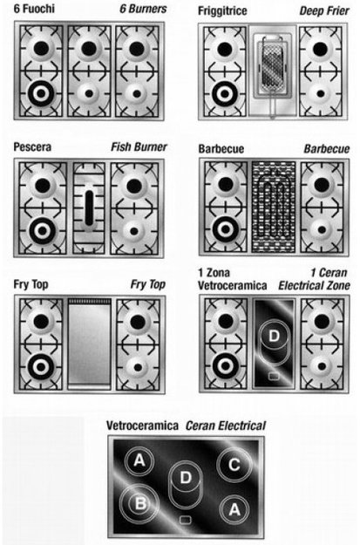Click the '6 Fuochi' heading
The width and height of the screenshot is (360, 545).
(x=34, y=9)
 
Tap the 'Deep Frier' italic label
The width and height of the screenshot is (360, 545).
(x=324, y=10)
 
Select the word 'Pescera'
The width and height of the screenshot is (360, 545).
(x=32, y=147)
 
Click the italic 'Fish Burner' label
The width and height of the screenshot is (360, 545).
(x=139, y=147)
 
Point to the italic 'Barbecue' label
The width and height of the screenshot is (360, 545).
(x=327, y=149)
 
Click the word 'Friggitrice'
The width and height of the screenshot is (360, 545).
(x=222, y=10)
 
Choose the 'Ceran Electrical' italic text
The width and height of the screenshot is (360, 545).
(x=226, y=426)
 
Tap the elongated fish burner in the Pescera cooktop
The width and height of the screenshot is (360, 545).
(x=89, y=208)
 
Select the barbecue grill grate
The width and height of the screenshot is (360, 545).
(x=274, y=207)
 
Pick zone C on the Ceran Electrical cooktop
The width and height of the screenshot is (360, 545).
(x=234, y=465)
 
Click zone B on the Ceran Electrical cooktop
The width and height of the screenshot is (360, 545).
(x=139, y=503)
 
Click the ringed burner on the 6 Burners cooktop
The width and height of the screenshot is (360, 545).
(x=41, y=93)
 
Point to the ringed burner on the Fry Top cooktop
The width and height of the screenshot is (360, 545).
(x=41, y=366)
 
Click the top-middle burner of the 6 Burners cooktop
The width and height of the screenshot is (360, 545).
(x=89, y=48)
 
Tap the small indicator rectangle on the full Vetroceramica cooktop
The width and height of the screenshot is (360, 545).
(x=185, y=520)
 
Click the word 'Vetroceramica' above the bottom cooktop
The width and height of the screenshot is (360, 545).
(x=142, y=426)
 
